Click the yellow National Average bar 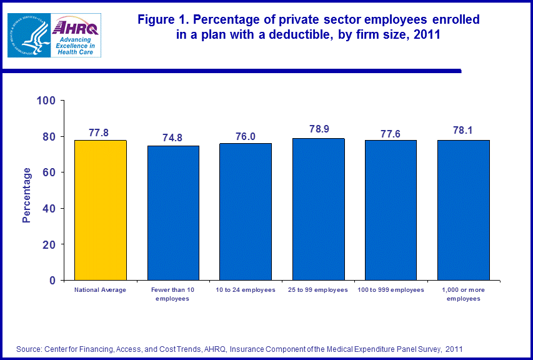click(101, 210)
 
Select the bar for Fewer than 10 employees click(173, 212)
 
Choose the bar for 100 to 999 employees click(391, 210)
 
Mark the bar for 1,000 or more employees click(463, 210)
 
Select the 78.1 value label click(463, 131)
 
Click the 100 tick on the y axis click(48, 101)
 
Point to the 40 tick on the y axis click(51, 208)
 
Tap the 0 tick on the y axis click(54, 281)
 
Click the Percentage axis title click(26, 194)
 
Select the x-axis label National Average click(101, 290)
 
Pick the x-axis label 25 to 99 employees click(318, 290)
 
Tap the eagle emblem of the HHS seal click(28, 36)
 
